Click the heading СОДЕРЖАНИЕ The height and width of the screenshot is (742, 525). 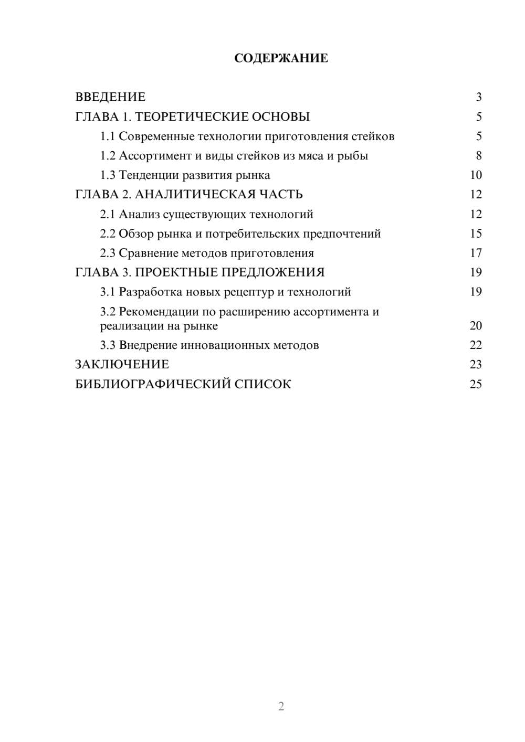pyautogui.click(x=281, y=58)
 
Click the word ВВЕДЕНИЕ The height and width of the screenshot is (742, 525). pyautogui.click(x=110, y=97)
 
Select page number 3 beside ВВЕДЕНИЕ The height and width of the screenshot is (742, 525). pyautogui.click(x=479, y=97)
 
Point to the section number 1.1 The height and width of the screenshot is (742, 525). pyautogui.click(x=108, y=136)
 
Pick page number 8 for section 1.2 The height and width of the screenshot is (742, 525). pyautogui.click(x=479, y=156)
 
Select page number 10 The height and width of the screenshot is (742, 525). pyautogui.click(x=476, y=175)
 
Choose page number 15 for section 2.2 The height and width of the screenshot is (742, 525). pyautogui.click(x=476, y=234)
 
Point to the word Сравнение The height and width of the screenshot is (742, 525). pyautogui.click(x=148, y=253)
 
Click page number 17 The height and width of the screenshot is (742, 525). pyautogui.click(x=476, y=253)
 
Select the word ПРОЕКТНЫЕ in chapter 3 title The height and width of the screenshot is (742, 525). pyautogui.click(x=176, y=272)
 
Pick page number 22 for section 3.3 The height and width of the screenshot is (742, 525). pyautogui.click(x=476, y=345)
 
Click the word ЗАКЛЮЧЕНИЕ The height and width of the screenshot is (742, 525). pyautogui.click(x=122, y=365)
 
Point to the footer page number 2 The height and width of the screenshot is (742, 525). pyautogui.click(x=281, y=706)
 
